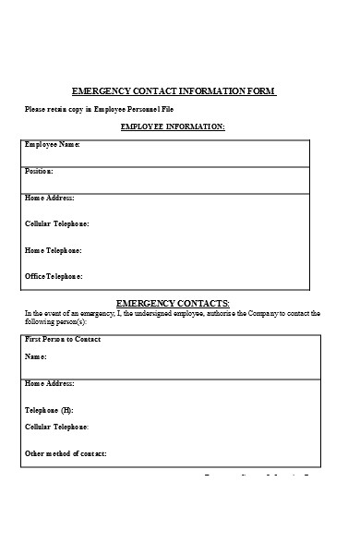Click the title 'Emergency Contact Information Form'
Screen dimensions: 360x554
click(x=174, y=91)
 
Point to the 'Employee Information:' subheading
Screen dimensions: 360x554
click(x=173, y=126)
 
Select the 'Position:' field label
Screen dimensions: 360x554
click(x=39, y=172)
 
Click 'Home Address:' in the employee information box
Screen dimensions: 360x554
click(x=49, y=198)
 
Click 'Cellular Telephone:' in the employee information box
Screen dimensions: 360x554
click(x=57, y=223)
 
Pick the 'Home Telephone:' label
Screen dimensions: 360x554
click(x=54, y=250)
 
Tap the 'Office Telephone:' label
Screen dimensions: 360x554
click(x=54, y=276)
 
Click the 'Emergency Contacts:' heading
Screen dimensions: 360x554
click(x=173, y=304)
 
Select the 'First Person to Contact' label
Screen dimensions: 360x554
click(x=63, y=340)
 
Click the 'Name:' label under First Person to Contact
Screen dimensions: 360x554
click(x=35, y=356)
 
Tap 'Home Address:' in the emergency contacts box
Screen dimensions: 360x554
click(x=49, y=383)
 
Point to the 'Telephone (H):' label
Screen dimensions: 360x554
click(x=49, y=409)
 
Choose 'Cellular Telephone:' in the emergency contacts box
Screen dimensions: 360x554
click(x=57, y=427)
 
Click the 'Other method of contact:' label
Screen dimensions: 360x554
click(x=66, y=453)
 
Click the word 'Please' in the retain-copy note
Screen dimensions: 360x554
click(x=35, y=109)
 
